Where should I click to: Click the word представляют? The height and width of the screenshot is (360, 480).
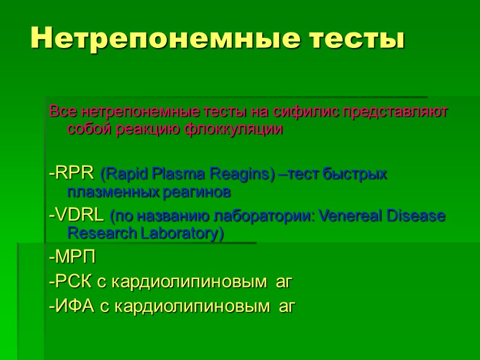click(394, 112)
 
